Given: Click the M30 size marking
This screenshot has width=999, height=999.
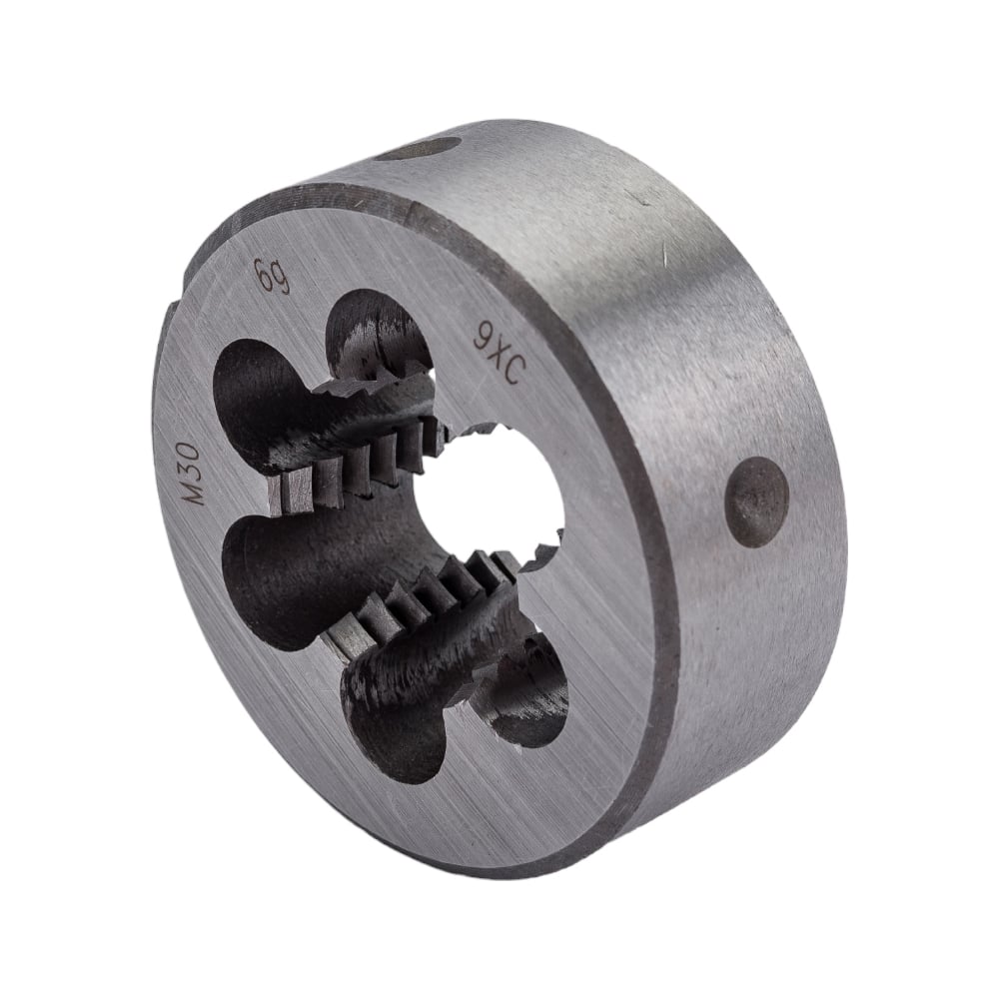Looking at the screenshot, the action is [190, 473].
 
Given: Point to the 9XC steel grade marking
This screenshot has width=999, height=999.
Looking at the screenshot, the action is [499, 360].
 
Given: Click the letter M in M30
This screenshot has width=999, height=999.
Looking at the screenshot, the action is [191, 493].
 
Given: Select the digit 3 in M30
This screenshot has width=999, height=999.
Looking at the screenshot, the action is [190, 471].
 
